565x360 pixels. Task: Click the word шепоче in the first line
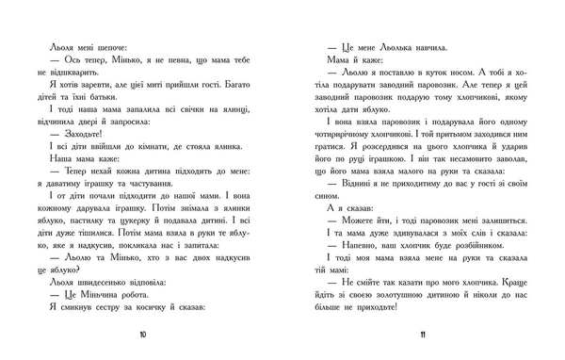coord(98,44)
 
